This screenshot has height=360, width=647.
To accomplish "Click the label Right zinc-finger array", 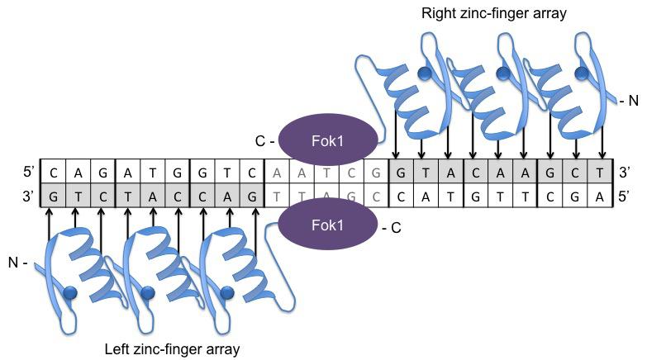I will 493,14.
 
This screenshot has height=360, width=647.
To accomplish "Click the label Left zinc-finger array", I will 172,349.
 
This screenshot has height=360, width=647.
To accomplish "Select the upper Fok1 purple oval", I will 328,139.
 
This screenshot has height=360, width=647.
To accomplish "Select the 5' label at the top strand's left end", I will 30,173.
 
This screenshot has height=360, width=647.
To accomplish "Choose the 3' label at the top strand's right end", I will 626,173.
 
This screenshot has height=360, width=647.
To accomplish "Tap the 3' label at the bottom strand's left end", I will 30,198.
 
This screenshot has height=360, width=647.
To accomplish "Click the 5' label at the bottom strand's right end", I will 626,198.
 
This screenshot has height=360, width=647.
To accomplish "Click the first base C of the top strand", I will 53,173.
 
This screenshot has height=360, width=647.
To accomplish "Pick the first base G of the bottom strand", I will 53,198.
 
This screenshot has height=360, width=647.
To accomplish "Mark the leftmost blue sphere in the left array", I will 69,293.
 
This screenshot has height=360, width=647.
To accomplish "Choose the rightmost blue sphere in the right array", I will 582,74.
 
